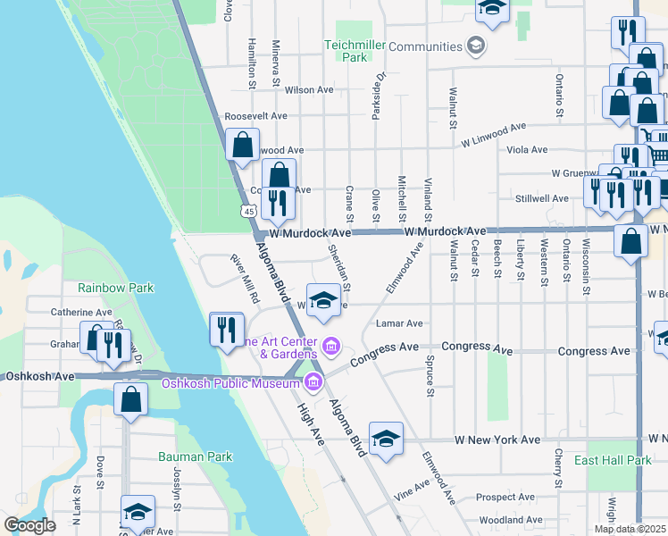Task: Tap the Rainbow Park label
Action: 115,288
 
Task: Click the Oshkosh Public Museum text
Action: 230,384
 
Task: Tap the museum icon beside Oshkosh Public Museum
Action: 313,384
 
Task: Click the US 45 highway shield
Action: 248,211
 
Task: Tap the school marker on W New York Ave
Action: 386,440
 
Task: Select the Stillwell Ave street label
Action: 541,198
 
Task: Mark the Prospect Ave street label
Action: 505,497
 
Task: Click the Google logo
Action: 30,525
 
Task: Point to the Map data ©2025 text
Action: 629,529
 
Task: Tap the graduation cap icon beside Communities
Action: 476,46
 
